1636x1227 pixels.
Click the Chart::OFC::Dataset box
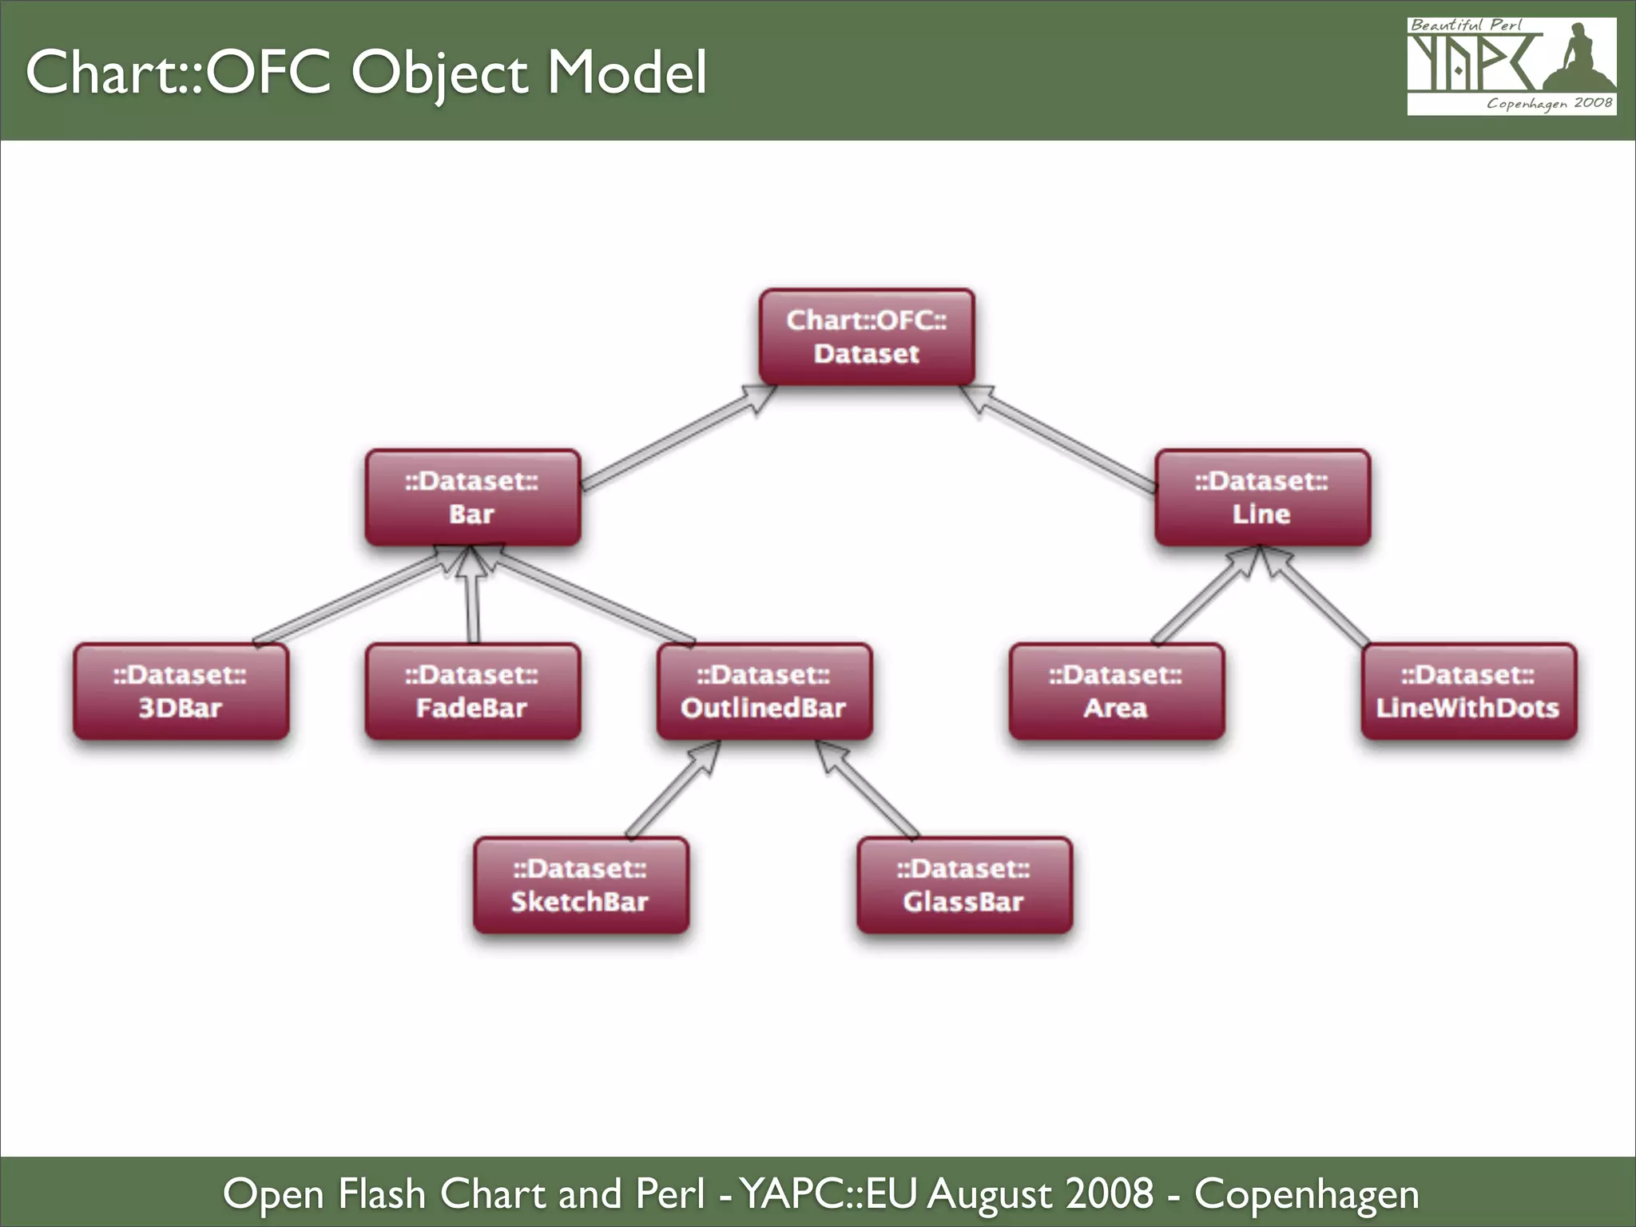867,336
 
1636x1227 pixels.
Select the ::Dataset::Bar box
472,497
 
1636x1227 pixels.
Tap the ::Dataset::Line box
1262,497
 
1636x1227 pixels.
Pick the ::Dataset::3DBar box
181,691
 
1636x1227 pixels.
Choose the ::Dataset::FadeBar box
472,691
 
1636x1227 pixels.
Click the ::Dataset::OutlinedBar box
764,691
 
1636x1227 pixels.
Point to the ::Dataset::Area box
1116,691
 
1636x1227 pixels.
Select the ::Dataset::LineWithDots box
1468,691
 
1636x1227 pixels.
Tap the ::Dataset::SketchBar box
581,885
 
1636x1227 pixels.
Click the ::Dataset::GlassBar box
964,885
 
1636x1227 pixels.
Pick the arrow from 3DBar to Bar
351,598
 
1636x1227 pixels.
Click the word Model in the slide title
626,72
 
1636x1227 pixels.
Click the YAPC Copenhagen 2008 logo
1511,67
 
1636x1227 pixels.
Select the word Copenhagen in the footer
1306,1193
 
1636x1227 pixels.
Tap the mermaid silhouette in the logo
1578,60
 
